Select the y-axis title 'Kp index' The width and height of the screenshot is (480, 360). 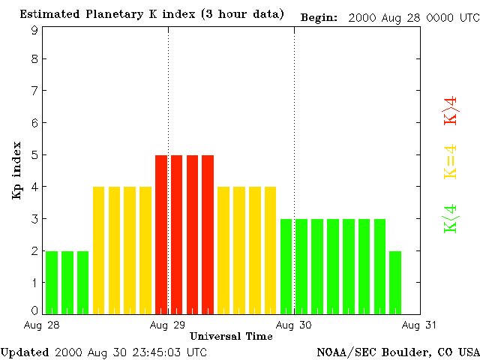tap(16, 170)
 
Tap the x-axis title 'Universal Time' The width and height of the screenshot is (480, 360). tap(231, 336)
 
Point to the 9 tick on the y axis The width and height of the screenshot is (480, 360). tap(34, 30)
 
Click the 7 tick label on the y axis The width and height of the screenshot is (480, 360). tap(34, 91)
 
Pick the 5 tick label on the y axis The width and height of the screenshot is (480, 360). tap(34, 154)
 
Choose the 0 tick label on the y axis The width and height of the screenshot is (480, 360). tap(34, 310)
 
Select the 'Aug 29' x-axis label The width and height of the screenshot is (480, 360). tap(168, 325)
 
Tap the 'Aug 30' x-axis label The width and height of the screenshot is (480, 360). tap(294, 325)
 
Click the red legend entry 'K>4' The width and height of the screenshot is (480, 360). tap(451, 110)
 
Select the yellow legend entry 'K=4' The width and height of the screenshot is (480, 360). tap(451, 161)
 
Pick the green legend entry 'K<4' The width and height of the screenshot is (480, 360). tap(451, 218)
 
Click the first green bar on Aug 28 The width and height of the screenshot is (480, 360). tap(52, 283)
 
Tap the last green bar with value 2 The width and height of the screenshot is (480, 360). tap(395, 283)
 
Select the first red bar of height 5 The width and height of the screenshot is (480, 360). tap(161, 234)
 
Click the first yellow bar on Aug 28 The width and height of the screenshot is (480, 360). tap(98, 250)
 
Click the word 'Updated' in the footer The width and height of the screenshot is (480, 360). tap(25, 352)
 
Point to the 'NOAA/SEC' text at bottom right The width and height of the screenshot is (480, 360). tap(343, 352)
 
